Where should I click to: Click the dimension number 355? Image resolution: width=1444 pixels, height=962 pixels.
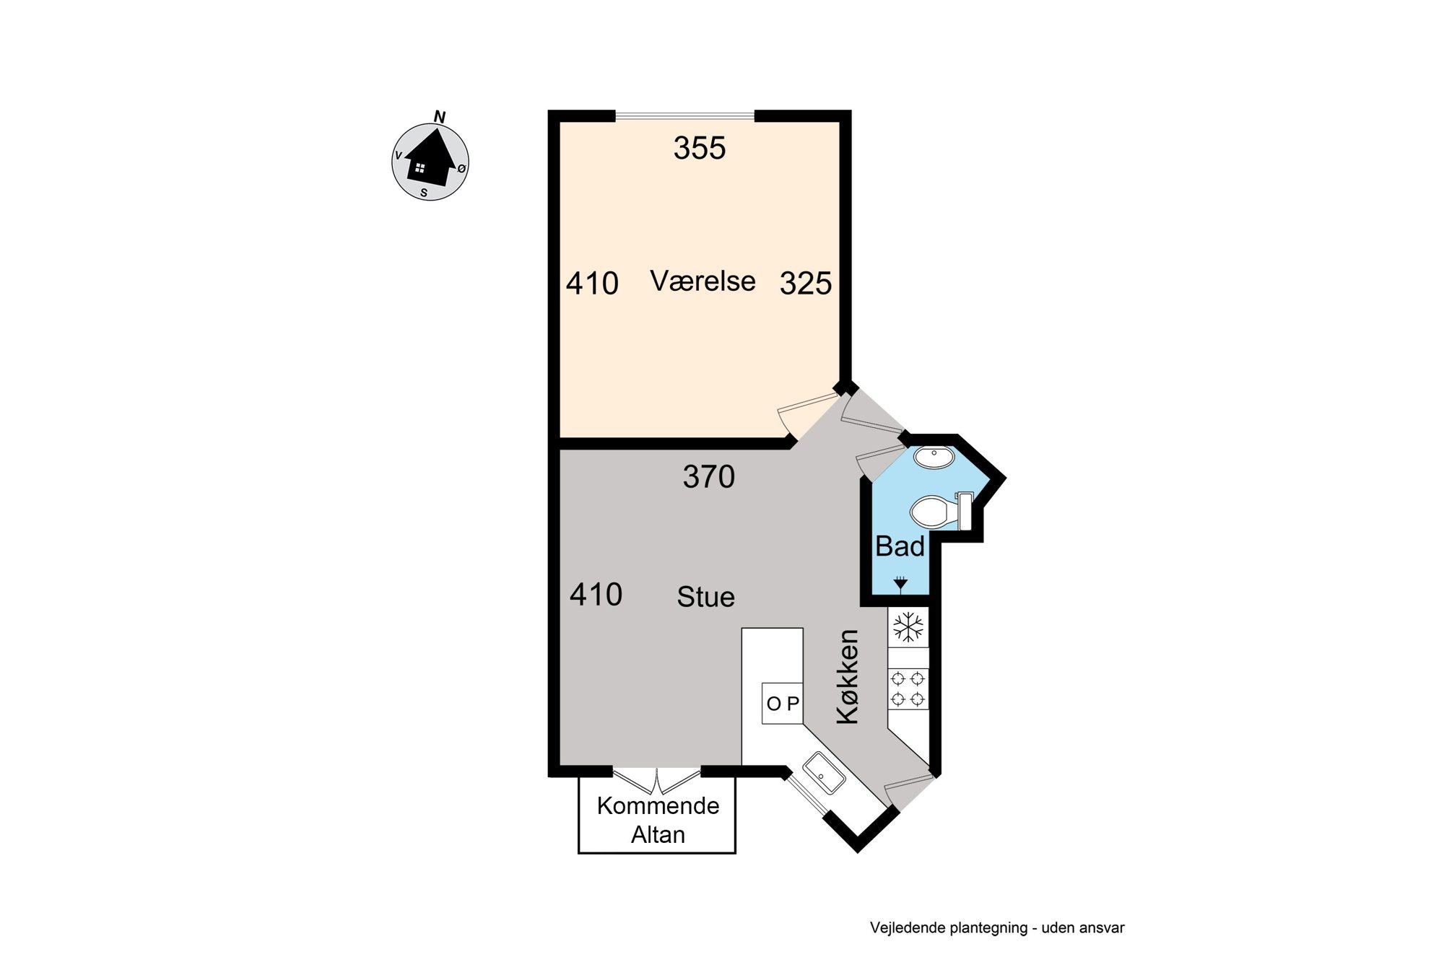700,148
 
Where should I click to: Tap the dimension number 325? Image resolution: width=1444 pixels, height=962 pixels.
806,284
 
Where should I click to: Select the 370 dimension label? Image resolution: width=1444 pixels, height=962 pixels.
709,477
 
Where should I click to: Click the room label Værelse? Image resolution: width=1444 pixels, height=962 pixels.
703,281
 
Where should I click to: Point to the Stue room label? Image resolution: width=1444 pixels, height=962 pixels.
706,597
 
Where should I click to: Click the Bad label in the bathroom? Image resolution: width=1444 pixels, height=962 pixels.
900,546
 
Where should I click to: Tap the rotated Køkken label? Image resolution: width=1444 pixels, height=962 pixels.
848,676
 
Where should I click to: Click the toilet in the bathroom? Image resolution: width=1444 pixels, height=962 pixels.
941,511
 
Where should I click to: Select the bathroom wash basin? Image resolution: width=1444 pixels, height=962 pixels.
934,457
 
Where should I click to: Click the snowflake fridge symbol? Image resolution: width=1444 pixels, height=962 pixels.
908,626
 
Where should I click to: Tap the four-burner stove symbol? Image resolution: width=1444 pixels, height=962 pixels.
908,688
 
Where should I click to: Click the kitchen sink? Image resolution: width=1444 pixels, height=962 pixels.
825,773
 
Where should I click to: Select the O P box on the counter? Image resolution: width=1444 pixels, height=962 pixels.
783,703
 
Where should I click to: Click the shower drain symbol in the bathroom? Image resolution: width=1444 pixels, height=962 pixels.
900,582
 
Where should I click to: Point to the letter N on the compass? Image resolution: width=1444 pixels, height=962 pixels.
440,117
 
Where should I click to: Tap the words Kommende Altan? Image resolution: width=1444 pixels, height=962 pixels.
658,820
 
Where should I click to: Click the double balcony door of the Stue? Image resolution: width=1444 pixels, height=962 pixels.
657,779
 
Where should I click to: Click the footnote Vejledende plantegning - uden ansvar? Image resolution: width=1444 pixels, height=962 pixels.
997,928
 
